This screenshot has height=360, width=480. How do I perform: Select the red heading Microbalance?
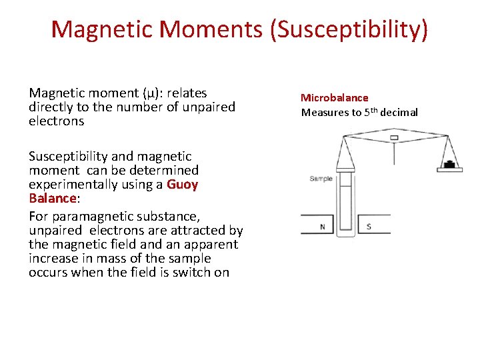click(x=334, y=98)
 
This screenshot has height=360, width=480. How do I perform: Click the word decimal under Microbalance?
click(x=399, y=112)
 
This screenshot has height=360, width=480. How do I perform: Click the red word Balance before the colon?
click(x=53, y=198)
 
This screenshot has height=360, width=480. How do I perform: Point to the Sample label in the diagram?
click(x=321, y=179)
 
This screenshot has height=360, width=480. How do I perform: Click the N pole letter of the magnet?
click(x=323, y=227)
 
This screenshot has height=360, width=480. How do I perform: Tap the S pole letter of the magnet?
click(x=369, y=227)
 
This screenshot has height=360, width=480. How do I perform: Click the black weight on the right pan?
click(x=450, y=164)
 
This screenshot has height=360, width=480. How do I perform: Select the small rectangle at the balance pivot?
click(x=394, y=138)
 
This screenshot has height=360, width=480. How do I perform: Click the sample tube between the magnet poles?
click(x=345, y=207)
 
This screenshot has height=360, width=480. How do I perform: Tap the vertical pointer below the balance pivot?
click(x=394, y=153)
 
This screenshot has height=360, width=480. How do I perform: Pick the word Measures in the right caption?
click(x=323, y=112)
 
